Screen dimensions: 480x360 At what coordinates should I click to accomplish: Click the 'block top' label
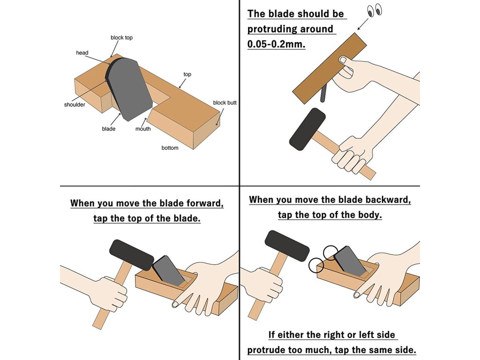pyautogui.click(x=121, y=37)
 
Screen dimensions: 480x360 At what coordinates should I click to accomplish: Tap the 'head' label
pyautogui.click(x=82, y=52)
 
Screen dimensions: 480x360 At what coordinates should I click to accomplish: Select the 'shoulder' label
pyautogui.click(x=75, y=105)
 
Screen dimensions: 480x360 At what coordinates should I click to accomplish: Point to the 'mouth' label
pyautogui.click(x=143, y=129)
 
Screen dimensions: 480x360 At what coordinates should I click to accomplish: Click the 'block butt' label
pyautogui.click(x=225, y=103)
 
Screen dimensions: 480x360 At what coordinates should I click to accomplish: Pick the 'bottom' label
pyautogui.click(x=170, y=148)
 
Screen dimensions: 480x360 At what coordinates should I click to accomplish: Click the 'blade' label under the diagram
pyautogui.click(x=109, y=129)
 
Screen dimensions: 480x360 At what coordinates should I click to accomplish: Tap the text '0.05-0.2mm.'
pyautogui.click(x=276, y=44)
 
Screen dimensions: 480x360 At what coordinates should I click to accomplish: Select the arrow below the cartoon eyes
pyautogui.click(x=363, y=24)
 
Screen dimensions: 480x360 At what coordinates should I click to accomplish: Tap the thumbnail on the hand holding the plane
pyautogui.click(x=343, y=60)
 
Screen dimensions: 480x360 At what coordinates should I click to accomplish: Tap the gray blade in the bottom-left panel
pyautogui.click(x=168, y=270)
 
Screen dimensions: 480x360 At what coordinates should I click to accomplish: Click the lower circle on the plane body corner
pyautogui.click(x=316, y=265)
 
